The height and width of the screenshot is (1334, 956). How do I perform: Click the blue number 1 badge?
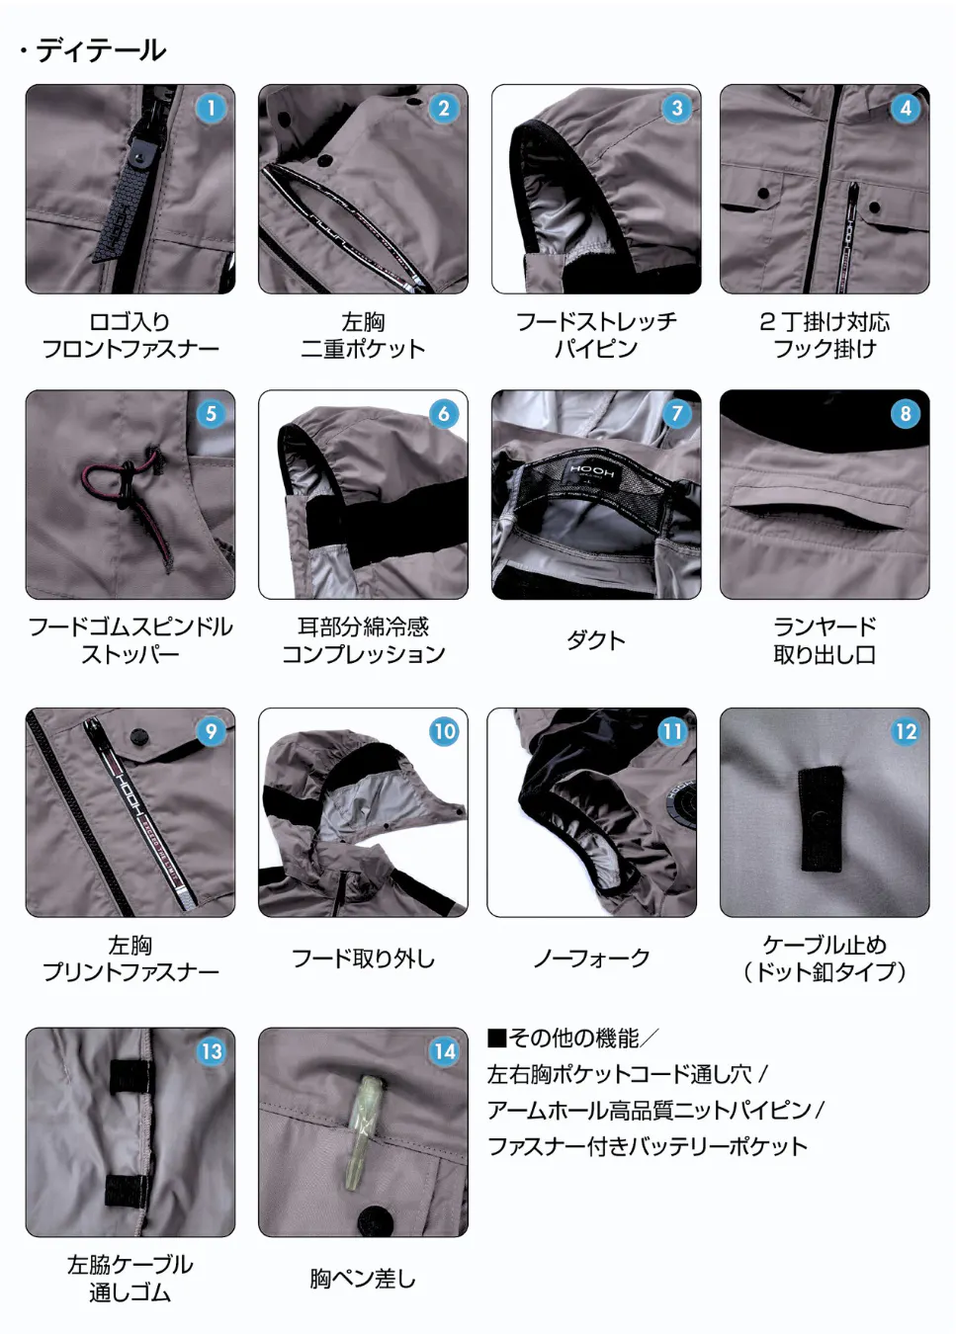tap(211, 109)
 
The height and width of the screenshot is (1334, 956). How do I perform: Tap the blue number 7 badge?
tap(676, 414)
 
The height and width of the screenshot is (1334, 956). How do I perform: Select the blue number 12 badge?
tap(906, 731)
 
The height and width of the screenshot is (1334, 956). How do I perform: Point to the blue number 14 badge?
tap(444, 1051)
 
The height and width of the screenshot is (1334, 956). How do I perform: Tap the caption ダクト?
tap(595, 640)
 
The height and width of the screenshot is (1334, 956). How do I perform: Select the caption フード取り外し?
tap(364, 959)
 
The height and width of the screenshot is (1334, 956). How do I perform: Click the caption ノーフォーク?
tap(591, 959)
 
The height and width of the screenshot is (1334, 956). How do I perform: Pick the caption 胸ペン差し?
tap(363, 1279)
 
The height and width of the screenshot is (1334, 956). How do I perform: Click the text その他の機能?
tap(572, 1038)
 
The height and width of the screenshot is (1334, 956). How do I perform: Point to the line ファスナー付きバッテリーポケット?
tap(648, 1146)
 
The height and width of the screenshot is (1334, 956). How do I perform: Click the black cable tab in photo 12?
tap(822, 819)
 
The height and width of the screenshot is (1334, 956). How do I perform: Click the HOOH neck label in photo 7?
tap(591, 472)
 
